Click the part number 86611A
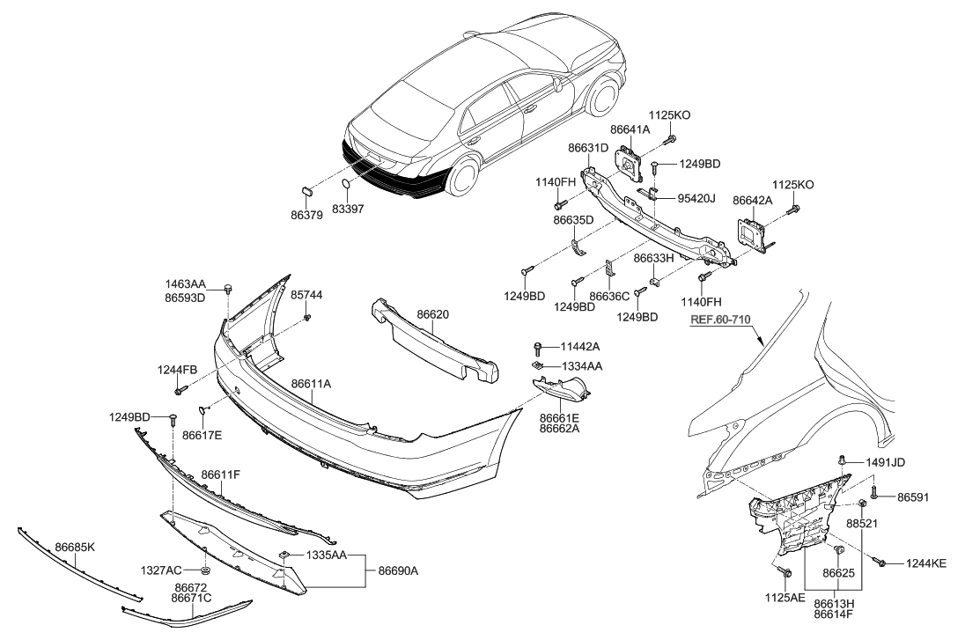click(311, 384)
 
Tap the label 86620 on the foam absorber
click(434, 313)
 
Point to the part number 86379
click(307, 212)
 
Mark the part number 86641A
click(630, 129)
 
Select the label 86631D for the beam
click(587, 148)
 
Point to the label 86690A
click(398, 570)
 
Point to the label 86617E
click(203, 434)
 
